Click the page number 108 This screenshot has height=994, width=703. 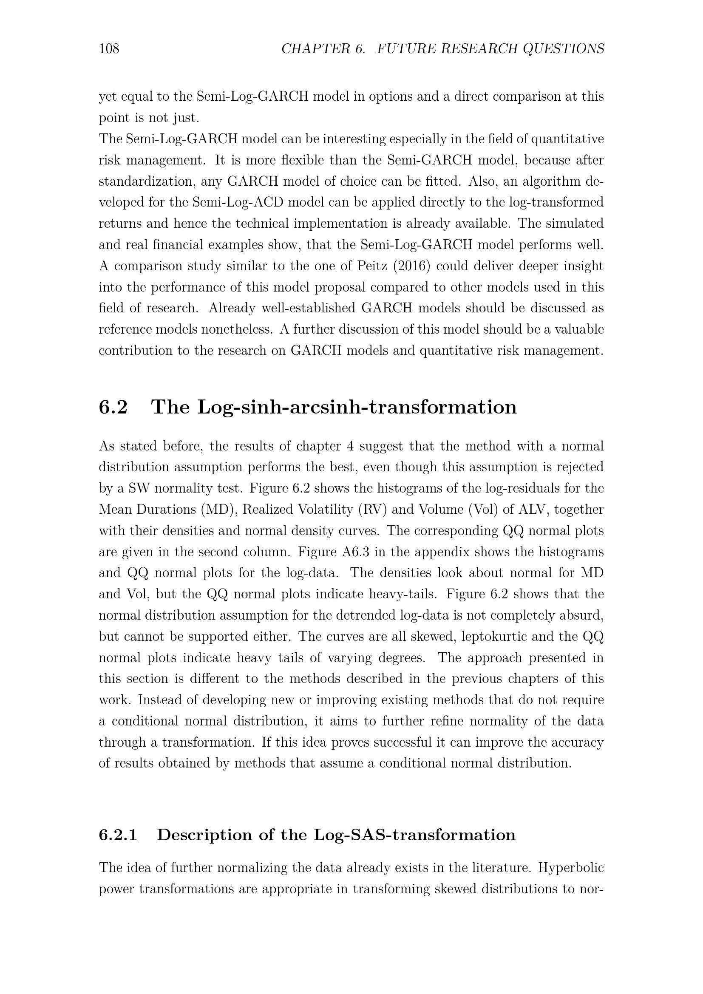click(109, 48)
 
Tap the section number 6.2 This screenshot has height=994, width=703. click(113, 407)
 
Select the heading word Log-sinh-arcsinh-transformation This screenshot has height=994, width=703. click(357, 407)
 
